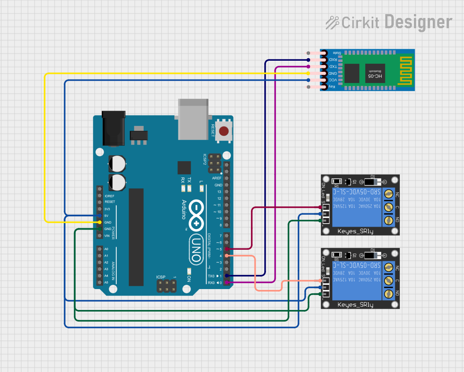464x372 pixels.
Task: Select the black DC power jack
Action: pyautogui.click(x=113, y=128)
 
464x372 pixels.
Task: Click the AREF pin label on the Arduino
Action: pyautogui.click(x=217, y=178)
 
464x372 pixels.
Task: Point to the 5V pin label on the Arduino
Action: pyautogui.click(x=106, y=216)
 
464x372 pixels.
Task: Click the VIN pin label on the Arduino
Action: pyautogui.click(x=107, y=236)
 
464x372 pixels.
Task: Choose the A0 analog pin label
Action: pyautogui.click(x=106, y=249)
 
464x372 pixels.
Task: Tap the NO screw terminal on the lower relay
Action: pyautogui.click(x=388, y=294)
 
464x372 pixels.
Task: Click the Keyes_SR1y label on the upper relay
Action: pyautogui.click(x=355, y=231)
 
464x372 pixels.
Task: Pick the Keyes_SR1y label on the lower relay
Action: pyautogui.click(x=355, y=305)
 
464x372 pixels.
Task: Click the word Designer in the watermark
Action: pyautogui.click(x=418, y=22)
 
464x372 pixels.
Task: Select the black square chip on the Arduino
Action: pyautogui.click(x=184, y=168)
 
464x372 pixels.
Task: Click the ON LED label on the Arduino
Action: pyautogui.click(x=189, y=278)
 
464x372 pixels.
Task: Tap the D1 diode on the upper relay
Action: pyautogui.click(x=372, y=182)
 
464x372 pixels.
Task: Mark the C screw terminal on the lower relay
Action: pyautogui.click(x=388, y=280)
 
